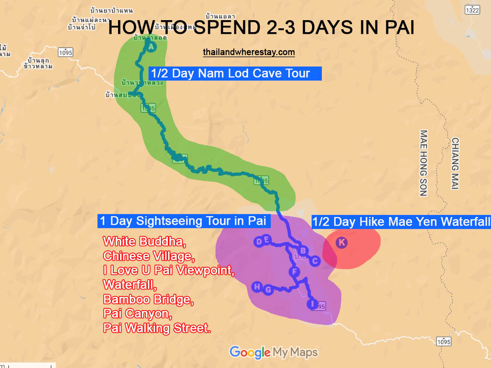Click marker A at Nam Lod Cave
151,47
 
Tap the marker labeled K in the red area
342,242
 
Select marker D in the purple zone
259,242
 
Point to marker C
315,261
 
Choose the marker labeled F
294,271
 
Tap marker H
257,287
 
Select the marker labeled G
268,290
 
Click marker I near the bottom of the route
312,304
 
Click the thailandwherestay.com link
249,52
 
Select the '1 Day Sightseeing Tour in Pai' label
184,221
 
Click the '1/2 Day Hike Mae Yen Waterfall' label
401,222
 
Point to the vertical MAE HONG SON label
423,163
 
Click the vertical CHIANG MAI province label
455,163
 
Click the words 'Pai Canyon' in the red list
138,314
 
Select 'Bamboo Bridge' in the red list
149,299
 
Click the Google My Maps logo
274,353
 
